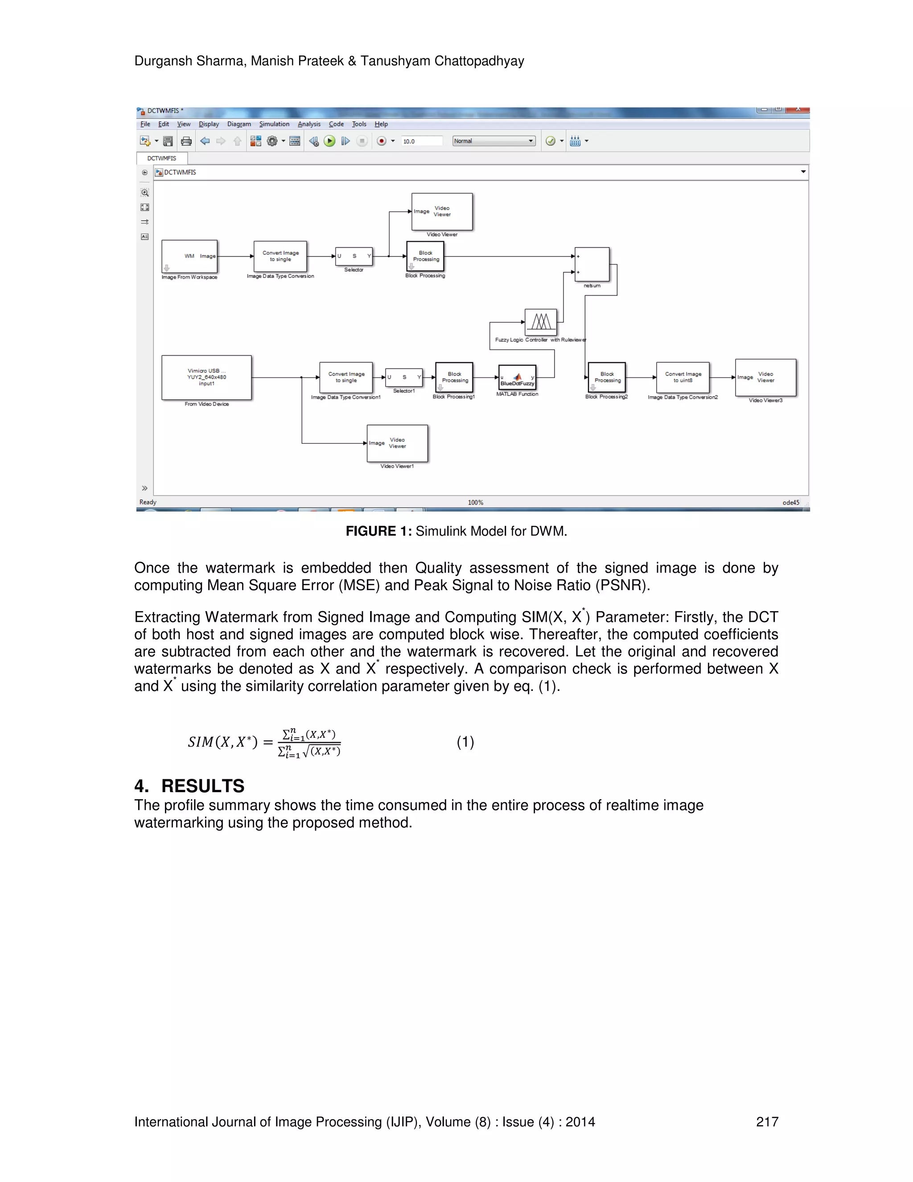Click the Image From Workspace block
tap(189, 256)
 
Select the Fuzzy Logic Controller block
tap(540, 322)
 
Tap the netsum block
tap(592, 265)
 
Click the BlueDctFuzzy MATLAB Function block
tap(517, 377)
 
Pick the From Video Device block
tap(206, 377)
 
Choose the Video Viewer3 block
tap(765, 377)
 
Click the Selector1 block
tap(403, 377)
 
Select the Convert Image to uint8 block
tap(683, 377)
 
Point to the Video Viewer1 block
tap(397, 443)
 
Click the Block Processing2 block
tap(607, 377)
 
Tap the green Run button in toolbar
tap(329, 141)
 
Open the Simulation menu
tap(274, 124)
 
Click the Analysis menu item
tap(309, 124)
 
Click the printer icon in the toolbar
tap(186, 141)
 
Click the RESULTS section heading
tap(202, 786)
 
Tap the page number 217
tap(767, 1122)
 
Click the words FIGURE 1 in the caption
tap(378, 531)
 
